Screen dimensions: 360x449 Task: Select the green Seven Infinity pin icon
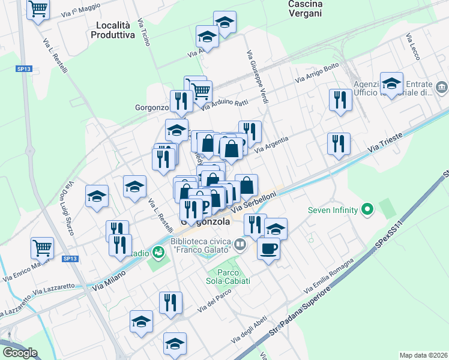pos(367,210)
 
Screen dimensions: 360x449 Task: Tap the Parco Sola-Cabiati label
pos(229,277)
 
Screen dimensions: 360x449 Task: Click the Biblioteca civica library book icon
pos(240,244)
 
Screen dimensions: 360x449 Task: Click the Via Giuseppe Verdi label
pos(258,76)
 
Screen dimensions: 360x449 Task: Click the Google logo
pos(19,353)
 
